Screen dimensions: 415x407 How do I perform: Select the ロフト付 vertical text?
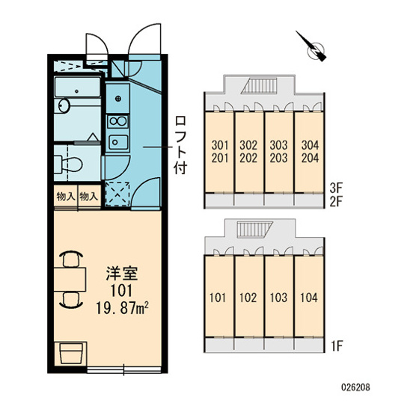[181, 144]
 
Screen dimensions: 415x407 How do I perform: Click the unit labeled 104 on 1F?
[309, 297]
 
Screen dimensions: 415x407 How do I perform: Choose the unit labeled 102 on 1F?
[248, 297]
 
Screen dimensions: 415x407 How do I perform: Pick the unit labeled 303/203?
[279, 150]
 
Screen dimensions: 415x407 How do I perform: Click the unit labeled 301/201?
[218, 150]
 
